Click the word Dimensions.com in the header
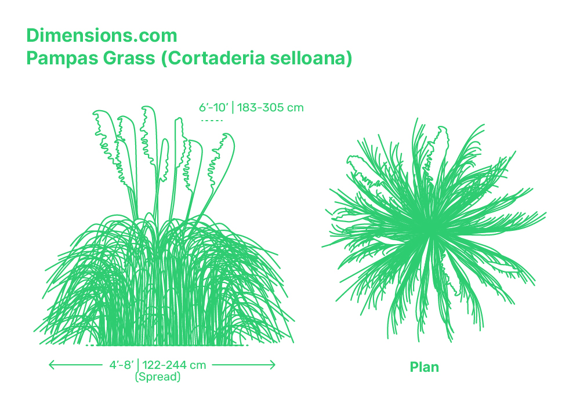pyautogui.click(x=101, y=36)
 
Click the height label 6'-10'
pyautogui.click(x=214, y=108)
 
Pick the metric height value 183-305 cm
pyautogui.click(x=270, y=108)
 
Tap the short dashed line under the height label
pyautogui.click(x=212, y=121)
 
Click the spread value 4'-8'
pyautogui.click(x=121, y=365)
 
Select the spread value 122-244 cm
pyautogui.click(x=174, y=365)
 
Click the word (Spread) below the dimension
pyautogui.click(x=158, y=377)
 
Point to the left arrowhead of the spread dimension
pyautogui.click(x=52, y=365)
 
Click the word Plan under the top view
pyautogui.click(x=425, y=367)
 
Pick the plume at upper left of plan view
pyautogui.click(x=361, y=168)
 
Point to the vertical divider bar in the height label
pyautogui.click(x=233, y=108)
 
